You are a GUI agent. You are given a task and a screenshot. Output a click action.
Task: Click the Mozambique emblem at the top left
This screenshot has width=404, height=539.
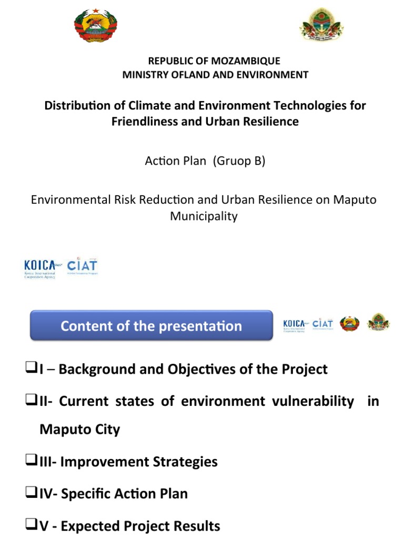(x=95, y=26)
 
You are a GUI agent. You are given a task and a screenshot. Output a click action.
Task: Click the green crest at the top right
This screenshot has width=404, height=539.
(x=321, y=25)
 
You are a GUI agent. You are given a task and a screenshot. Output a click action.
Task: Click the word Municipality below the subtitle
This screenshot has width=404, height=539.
(x=204, y=216)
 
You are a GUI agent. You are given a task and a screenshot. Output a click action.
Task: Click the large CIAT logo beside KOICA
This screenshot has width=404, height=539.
(x=82, y=266)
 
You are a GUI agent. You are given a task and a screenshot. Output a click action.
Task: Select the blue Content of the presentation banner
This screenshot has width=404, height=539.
(x=151, y=326)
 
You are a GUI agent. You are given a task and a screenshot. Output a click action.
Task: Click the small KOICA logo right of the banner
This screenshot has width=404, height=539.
(x=295, y=324)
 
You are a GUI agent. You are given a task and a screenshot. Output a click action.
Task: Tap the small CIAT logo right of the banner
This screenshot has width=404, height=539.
(x=322, y=324)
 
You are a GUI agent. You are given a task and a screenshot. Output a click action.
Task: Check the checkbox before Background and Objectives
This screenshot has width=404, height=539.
(x=30, y=368)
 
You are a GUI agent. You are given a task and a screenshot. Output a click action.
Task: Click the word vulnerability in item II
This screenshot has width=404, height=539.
(x=312, y=401)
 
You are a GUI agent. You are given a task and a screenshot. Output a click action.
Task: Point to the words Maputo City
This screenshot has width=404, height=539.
(x=79, y=429)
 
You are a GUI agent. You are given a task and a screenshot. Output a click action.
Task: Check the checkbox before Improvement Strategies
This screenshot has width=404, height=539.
(x=30, y=461)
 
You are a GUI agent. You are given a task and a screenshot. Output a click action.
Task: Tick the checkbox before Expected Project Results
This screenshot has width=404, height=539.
(x=30, y=525)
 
